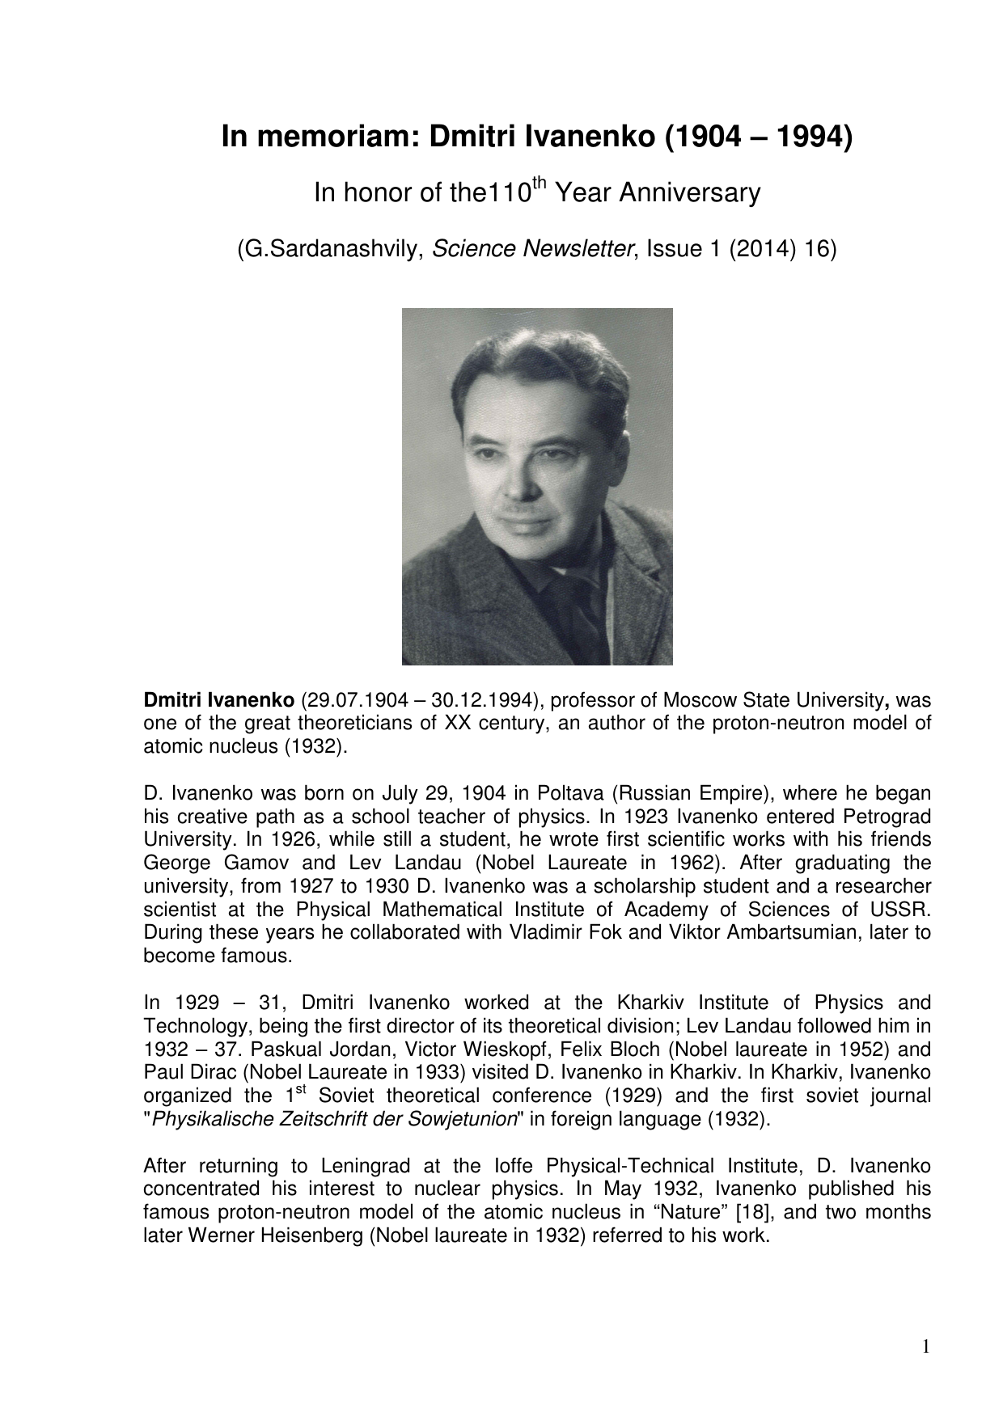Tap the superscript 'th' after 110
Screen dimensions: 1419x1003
click(x=541, y=184)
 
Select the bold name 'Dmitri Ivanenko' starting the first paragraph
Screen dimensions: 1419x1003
click(x=218, y=699)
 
